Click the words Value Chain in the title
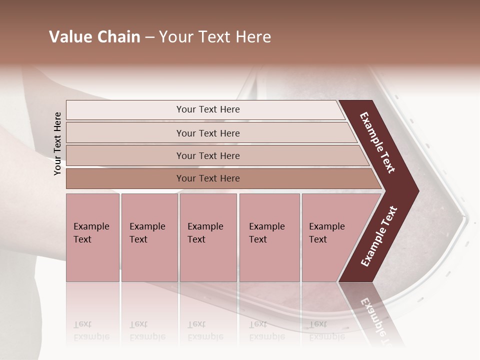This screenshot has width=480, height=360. (x=94, y=37)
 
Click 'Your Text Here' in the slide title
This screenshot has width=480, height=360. (x=215, y=37)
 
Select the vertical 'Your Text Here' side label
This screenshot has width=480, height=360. (x=57, y=143)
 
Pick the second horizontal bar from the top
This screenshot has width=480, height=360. (x=207, y=133)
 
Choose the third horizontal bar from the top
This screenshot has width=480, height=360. (x=207, y=155)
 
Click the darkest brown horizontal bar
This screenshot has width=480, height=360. (x=207, y=178)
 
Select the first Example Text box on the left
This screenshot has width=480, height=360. (x=92, y=237)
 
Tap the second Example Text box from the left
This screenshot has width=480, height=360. (x=149, y=237)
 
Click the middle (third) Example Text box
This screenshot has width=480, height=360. (x=208, y=237)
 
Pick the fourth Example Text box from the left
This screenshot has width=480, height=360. (x=269, y=237)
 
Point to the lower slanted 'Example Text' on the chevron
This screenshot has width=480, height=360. (x=379, y=236)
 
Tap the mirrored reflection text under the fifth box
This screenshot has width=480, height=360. (x=326, y=330)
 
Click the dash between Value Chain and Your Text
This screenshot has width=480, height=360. (x=149, y=37)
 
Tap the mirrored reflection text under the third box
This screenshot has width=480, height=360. (x=205, y=330)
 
